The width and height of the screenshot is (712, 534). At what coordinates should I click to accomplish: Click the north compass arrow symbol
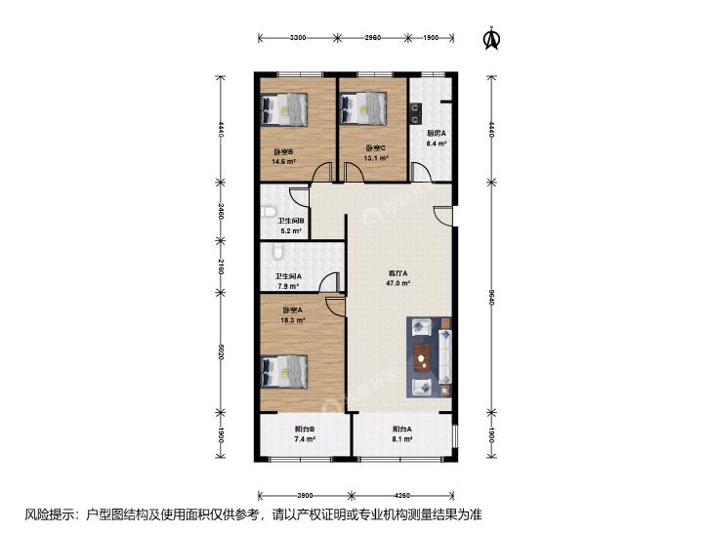(x=491, y=39)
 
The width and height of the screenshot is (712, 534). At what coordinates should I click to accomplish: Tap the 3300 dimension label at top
(x=298, y=38)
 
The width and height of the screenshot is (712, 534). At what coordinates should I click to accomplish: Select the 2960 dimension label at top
(x=373, y=38)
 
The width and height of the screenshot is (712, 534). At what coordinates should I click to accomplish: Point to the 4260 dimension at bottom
(x=402, y=495)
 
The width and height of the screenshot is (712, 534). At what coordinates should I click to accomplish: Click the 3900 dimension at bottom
(x=305, y=495)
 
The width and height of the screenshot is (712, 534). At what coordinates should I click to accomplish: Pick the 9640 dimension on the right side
(x=491, y=297)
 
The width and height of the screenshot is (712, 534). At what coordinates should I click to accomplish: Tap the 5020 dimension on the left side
(x=221, y=351)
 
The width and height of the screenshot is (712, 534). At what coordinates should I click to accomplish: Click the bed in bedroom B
(x=284, y=109)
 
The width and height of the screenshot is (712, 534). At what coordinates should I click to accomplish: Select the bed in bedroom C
(x=363, y=108)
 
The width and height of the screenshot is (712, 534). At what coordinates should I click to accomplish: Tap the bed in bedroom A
(x=284, y=372)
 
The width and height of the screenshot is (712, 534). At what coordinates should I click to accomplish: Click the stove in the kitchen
(x=415, y=113)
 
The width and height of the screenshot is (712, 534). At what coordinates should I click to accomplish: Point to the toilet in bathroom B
(x=269, y=212)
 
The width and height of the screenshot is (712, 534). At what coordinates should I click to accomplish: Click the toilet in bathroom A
(x=277, y=251)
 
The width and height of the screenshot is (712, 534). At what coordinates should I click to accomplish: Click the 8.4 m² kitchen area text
(x=436, y=144)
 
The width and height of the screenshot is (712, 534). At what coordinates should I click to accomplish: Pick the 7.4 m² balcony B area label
(x=305, y=439)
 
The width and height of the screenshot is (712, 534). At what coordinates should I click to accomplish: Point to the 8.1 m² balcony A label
(x=402, y=439)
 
